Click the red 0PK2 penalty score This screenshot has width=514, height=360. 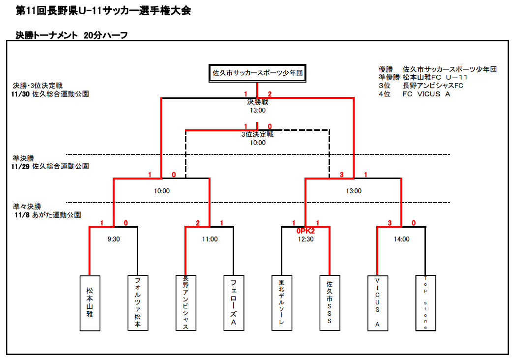click(305, 231)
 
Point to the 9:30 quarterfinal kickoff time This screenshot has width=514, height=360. click(114, 240)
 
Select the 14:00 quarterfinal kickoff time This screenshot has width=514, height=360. click(401, 240)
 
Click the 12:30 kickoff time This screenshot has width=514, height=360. click(305, 240)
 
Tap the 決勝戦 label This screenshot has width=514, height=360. click(257, 102)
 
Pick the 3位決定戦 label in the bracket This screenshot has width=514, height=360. click(257, 134)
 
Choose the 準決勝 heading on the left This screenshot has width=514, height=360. click(24, 159)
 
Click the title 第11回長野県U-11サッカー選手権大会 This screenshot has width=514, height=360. click(103, 10)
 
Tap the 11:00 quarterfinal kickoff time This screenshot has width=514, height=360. click(210, 240)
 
